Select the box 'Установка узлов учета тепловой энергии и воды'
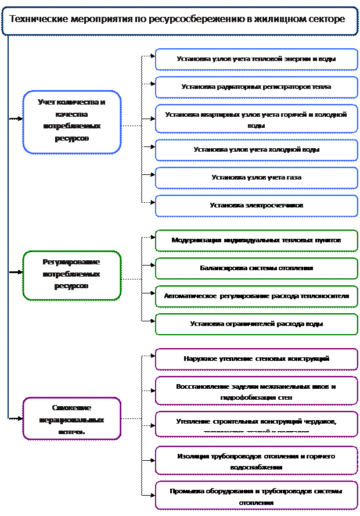pyautogui.click(x=256, y=59)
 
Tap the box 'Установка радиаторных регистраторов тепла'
pyautogui.click(x=256, y=87)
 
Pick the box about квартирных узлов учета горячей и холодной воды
pyautogui.click(x=256, y=119)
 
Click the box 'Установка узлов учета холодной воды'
pyautogui.click(x=256, y=150)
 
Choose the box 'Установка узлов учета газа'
pyautogui.click(x=256, y=178)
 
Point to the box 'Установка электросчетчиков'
pyautogui.click(x=256, y=206)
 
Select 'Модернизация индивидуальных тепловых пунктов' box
pyautogui.click(x=256, y=241)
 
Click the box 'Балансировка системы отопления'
pyautogui.click(x=256, y=268)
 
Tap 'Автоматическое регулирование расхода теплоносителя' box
pyautogui.click(x=256, y=296)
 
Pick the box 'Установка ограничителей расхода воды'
pyautogui.click(x=256, y=324)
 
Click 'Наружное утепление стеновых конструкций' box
pyautogui.click(x=256, y=359)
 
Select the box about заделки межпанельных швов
pyautogui.click(x=256, y=391)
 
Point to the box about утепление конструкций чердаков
pyautogui.click(x=256, y=424)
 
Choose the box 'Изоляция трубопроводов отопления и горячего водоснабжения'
pyautogui.click(x=256, y=461)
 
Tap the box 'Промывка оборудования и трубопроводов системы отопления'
pyautogui.click(x=256, y=496)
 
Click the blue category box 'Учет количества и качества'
pyautogui.click(x=71, y=121)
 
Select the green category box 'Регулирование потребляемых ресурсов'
pyautogui.click(x=71, y=275)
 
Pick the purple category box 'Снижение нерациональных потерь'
pyautogui.click(x=71, y=418)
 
